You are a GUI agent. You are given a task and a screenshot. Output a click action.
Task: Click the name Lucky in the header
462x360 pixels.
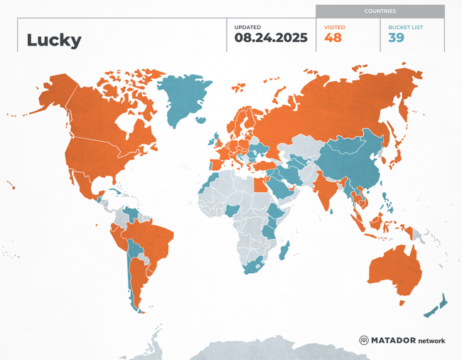[x=54, y=40]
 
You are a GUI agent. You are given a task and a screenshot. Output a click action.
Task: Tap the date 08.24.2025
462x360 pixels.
[x=271, y=38]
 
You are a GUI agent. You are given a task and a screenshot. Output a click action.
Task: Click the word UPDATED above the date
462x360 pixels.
[x=248, y=26]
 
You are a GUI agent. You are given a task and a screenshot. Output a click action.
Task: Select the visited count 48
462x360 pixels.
[x=333, y=38]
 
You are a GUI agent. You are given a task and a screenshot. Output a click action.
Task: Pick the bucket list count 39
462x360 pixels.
[x=397, y=38]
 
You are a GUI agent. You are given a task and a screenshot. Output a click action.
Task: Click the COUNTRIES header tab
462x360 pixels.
[x=380, y=11]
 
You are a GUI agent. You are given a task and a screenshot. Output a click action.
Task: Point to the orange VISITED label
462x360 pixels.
[x=335, y=26]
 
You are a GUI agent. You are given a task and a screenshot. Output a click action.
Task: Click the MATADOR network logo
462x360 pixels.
[x=402, y=340]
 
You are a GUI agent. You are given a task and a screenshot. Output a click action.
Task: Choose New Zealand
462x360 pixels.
[x=436, y=307]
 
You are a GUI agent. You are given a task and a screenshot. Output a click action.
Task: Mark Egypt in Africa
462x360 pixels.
[x=261, y=184]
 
